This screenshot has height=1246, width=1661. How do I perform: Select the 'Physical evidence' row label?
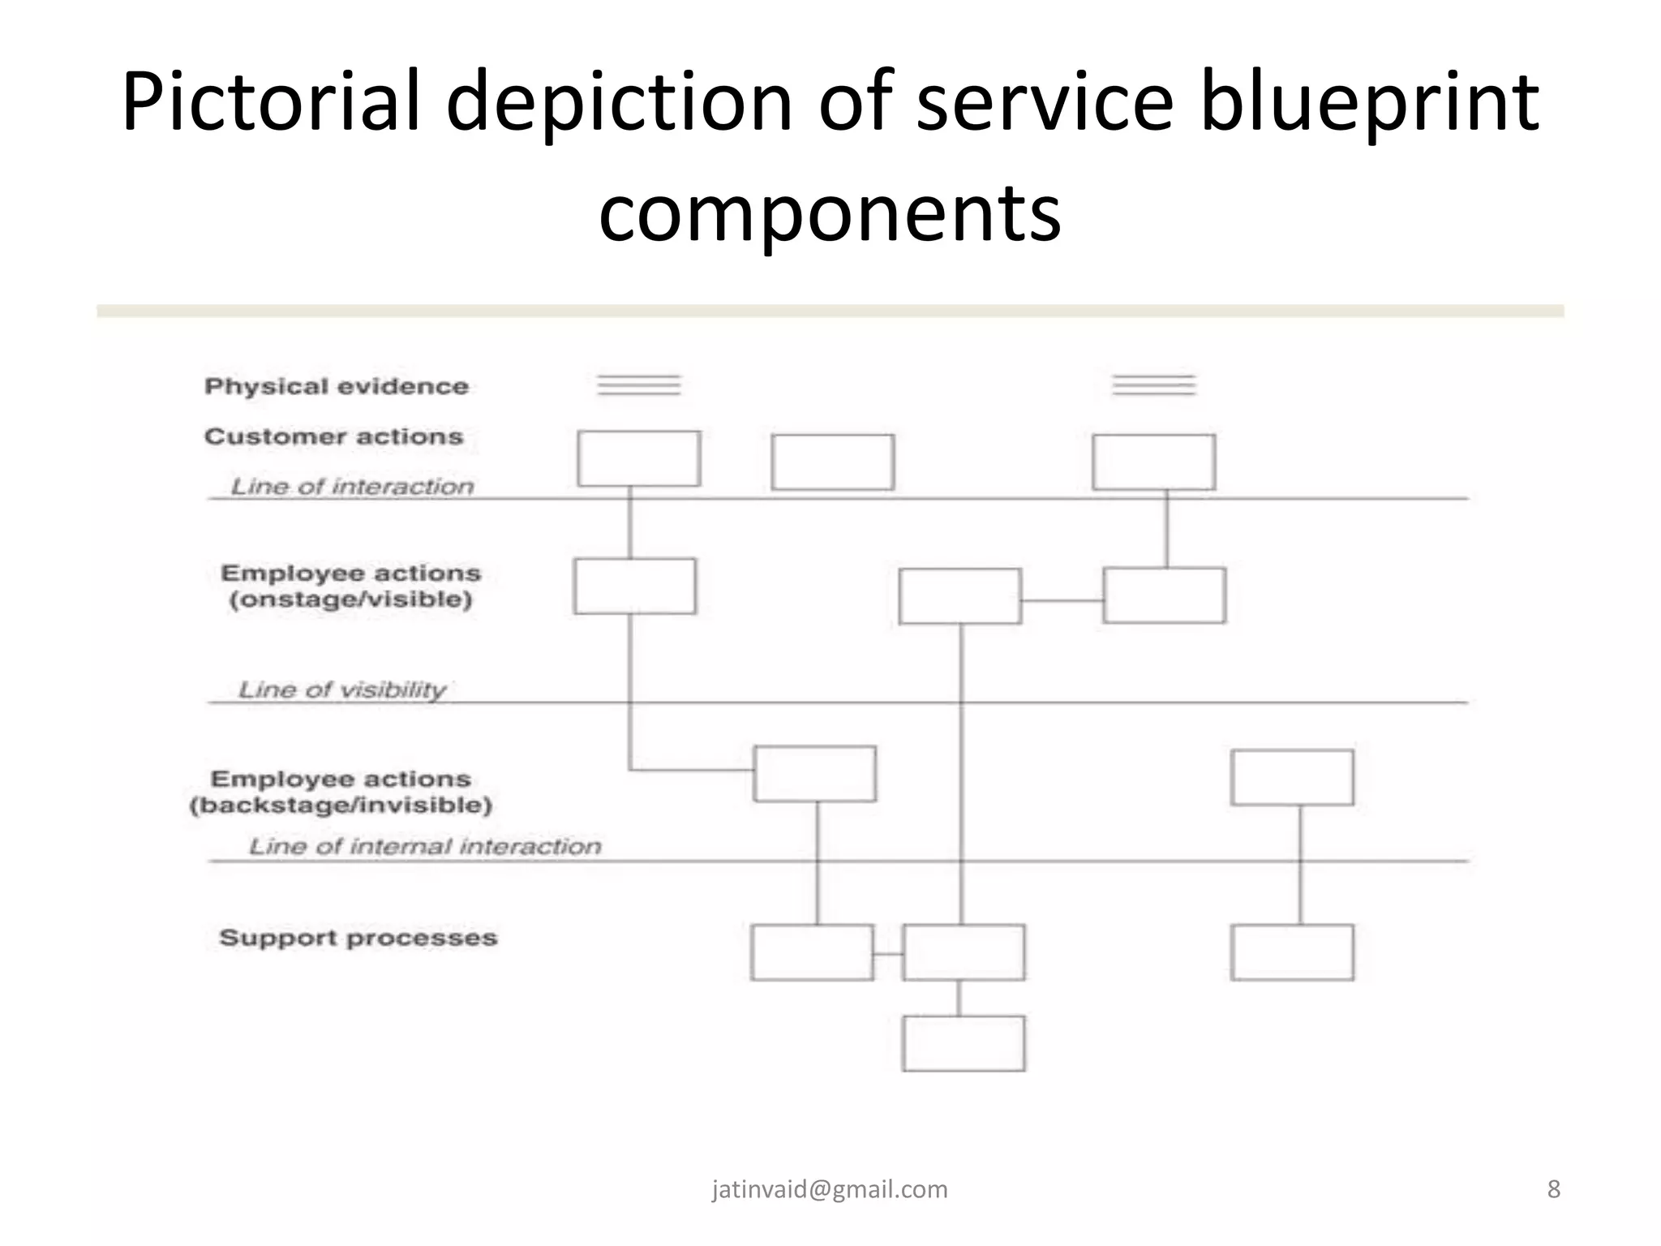tap(337, 386)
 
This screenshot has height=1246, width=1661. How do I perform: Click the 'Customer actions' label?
tap(333, 436)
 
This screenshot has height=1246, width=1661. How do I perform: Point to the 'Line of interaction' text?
tap(352, 487)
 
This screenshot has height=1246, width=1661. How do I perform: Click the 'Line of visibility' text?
tap(341, 690)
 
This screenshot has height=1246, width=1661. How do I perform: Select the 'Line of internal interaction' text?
tap(425, 846)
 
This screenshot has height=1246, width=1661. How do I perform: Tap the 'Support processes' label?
tap(358, 938)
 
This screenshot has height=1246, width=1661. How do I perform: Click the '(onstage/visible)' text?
tap(350, 600)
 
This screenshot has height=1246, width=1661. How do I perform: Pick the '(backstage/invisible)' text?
tap(341, 806)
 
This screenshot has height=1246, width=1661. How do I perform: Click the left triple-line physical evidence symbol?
tap(639, 385)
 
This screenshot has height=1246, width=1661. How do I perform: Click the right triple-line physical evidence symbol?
tap(1154, 385)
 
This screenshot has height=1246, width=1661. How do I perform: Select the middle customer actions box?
tap(833, 462)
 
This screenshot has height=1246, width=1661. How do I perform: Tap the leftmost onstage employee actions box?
tap(635, 586)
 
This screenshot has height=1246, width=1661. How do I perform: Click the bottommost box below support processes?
tap(964, 1043)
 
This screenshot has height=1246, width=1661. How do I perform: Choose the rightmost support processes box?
tap(1292, 952)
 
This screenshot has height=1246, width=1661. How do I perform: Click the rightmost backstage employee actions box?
tap(1292, 777)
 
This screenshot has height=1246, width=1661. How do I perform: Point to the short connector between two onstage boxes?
tap(1062, 600)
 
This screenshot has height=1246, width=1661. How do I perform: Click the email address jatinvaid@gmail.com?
tap(830, 1189)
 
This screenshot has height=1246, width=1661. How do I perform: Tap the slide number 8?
tap(1553, 1189)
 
